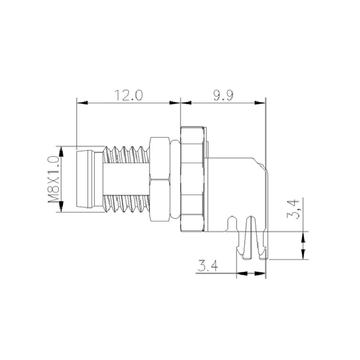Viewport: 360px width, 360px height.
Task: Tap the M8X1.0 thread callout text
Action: [x=53, y=178]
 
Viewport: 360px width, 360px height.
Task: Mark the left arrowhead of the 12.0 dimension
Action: [x=79, y=104]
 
